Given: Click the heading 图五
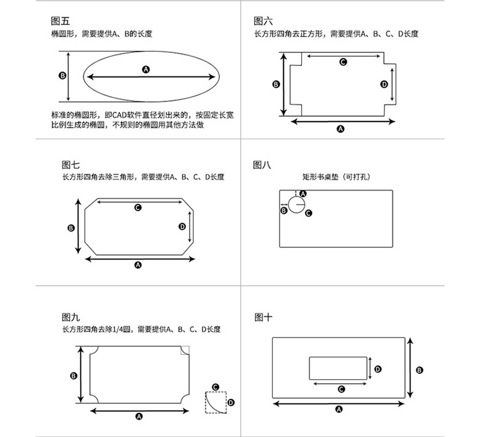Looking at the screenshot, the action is (60, 21).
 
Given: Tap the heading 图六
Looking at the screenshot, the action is (263, 21).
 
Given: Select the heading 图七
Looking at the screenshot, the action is (71, 165).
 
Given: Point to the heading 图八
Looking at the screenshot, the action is (262, 165).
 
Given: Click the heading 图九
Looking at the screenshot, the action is (71, 317).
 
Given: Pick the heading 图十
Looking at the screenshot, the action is (263, 317).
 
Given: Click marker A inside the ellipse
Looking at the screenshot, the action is (146, 69).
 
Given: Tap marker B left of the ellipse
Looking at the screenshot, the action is (63, 76).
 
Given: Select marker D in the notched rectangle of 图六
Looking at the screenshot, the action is (384, 84).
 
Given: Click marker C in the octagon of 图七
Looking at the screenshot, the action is (138, 208).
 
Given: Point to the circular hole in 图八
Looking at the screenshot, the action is (296, 205).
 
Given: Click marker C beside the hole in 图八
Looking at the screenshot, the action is (308, 213).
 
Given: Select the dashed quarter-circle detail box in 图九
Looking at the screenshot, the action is (216, 402).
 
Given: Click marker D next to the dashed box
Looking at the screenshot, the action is (231, 402).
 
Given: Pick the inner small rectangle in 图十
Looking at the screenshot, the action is (338, 368).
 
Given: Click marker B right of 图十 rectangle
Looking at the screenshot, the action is (419, 370).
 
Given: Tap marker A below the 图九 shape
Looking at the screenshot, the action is (139, 416).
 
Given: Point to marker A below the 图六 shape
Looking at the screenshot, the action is (341, 129).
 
